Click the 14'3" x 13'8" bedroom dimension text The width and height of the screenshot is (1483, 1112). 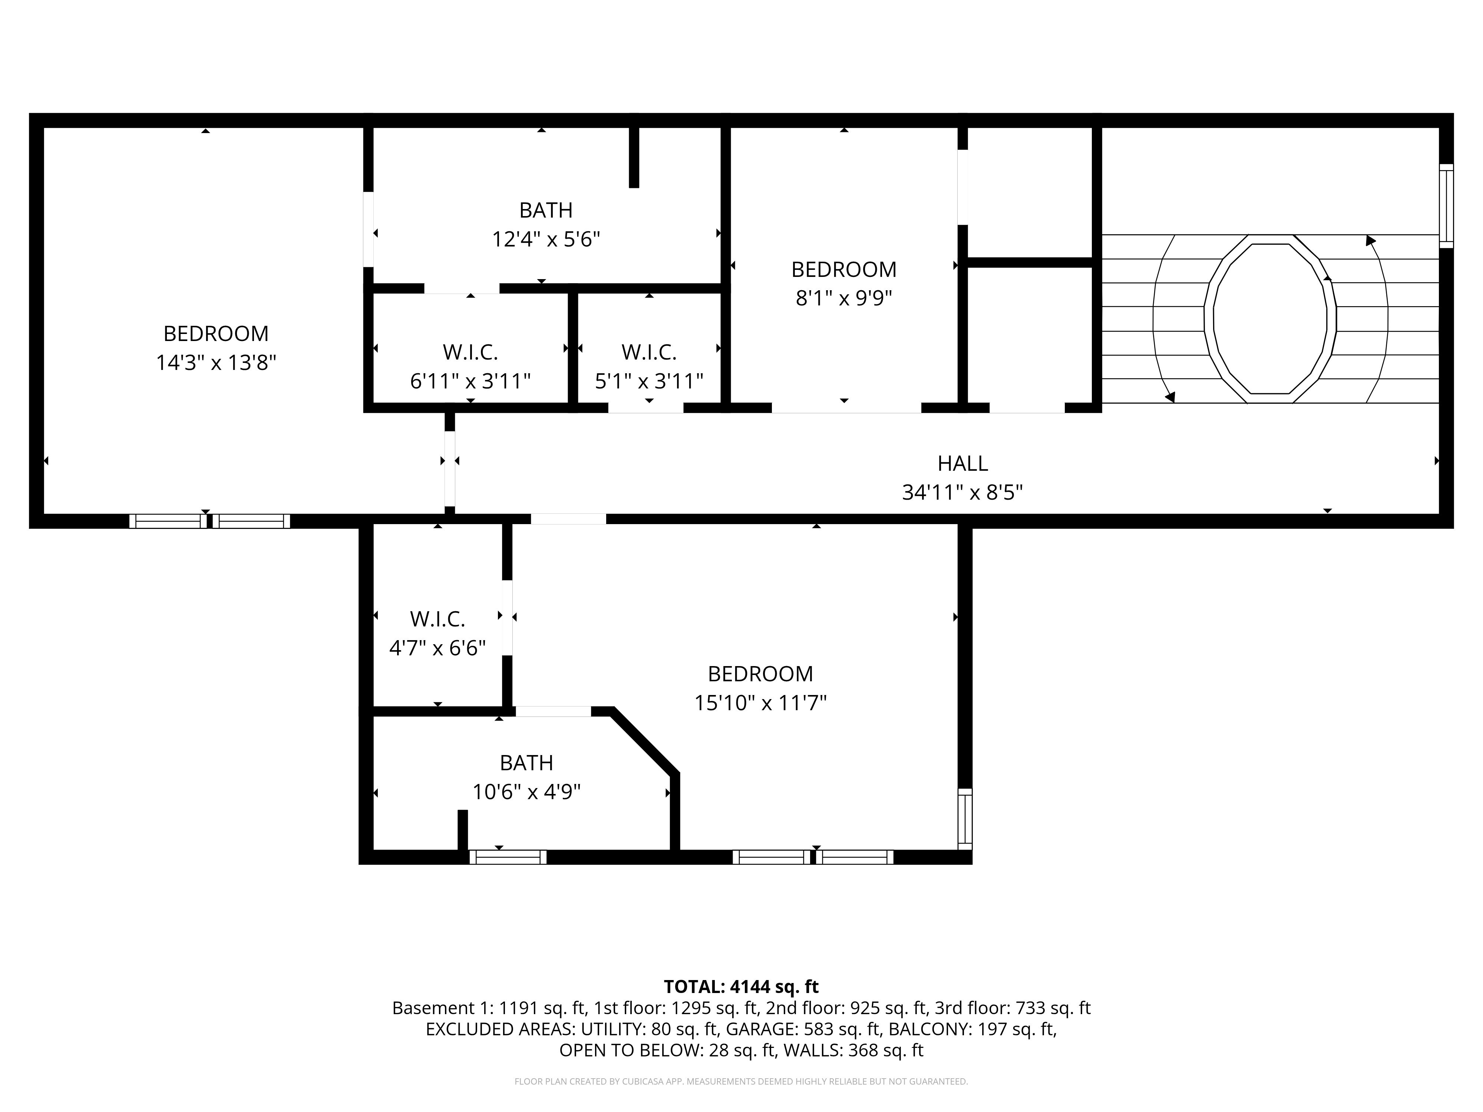(x=216, y=363)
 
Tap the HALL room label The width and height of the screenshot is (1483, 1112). (x=962, y=463)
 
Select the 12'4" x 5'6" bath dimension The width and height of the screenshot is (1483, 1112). (x=546, y=239)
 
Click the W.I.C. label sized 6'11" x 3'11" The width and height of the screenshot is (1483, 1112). (x=470, y=352)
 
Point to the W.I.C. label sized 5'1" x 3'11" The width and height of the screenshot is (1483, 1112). (x=648, y=352)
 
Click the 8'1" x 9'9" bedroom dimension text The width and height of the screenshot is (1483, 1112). (x=843, y=298)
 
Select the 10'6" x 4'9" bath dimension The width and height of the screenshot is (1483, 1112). (x=526, y=792)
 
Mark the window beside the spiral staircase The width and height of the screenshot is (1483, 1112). (x=1446, y=206)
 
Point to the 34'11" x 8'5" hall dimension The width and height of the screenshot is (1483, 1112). (x=962, y=493)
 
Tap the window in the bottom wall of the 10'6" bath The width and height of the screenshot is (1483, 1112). (x=508, y=857)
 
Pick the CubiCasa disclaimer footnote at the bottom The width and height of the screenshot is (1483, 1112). (x=741, y=1081)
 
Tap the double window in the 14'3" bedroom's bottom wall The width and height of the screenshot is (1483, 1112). (x=209, y=521)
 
